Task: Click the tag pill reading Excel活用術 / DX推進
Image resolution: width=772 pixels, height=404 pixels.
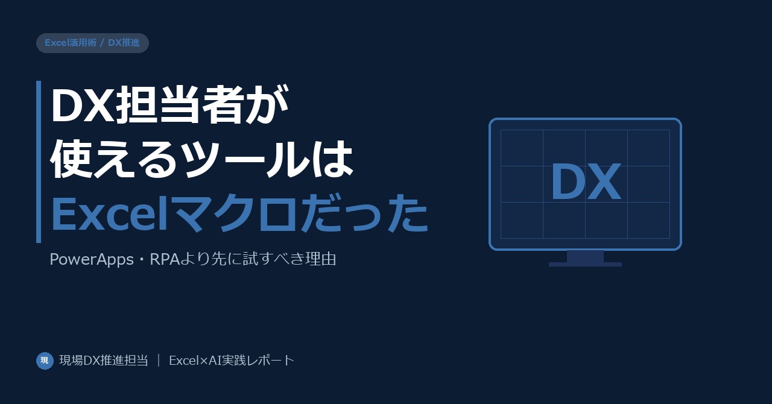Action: coord(92,43)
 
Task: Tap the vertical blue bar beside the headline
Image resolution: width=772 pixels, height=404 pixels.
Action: coord(39,162)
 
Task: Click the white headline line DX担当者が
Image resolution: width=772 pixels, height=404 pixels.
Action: coord(169,104)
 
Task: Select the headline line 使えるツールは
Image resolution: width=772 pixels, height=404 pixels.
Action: coord(202,159)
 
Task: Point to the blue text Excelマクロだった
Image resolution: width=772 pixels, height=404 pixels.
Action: coord(239,213)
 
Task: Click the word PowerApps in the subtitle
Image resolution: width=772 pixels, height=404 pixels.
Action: coord(92,259)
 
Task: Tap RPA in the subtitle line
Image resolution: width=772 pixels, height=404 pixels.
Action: coord(165,259)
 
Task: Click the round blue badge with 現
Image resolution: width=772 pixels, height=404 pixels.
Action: coord(45,361)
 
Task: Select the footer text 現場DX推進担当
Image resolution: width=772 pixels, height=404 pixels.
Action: coord(104,361)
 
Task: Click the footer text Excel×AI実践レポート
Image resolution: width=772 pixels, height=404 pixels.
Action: coord(232,361)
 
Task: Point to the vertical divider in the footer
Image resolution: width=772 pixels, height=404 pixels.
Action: coord(159,361)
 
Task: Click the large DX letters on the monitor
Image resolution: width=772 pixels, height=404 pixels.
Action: coord(586,181)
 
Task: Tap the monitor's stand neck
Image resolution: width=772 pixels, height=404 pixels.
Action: coord(585,256)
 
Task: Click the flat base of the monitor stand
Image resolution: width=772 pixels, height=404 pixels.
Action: coord(585,264)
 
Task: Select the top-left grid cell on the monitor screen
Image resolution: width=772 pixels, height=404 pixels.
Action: coord(522,148)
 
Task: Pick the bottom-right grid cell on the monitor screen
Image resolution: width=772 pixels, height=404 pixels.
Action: coord(648,220)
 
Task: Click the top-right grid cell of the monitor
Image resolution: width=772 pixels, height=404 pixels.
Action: coord(648,148)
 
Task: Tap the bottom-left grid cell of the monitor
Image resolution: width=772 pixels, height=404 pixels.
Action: coord(522,220)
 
